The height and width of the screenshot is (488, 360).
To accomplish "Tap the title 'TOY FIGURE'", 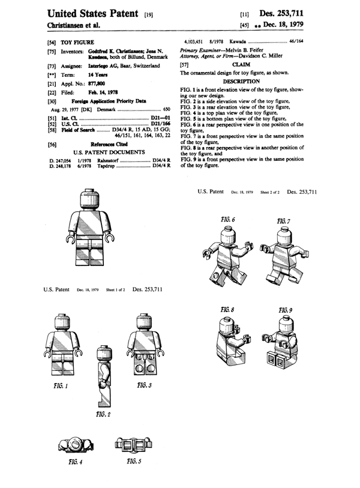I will [x=74, y=44].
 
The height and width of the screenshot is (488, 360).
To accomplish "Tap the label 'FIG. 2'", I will [x=103, y=414].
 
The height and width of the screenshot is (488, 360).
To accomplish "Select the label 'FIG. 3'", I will [x=144, y=384].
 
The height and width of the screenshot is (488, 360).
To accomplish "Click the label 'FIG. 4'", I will [x=75, y=463].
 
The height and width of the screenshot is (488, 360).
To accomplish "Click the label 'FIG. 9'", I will [x=286, y=310].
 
